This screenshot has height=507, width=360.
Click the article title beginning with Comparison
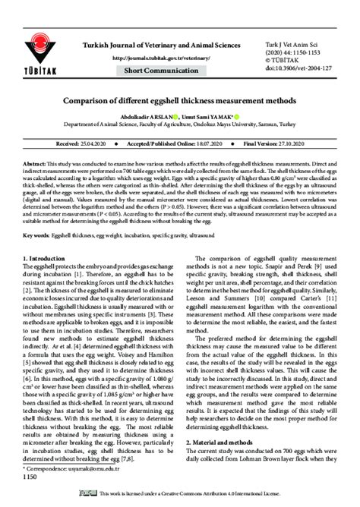coord(179,99)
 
